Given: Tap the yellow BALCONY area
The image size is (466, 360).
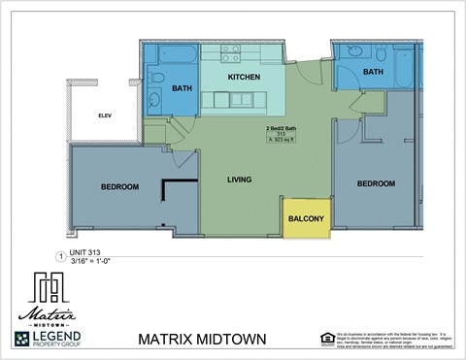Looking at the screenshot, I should pos(306,219).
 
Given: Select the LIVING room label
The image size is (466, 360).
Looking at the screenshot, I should pos(239,180).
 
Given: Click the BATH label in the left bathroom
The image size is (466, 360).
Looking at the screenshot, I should pos(183,88).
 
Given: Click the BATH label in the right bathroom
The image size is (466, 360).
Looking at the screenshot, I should pos(374,72).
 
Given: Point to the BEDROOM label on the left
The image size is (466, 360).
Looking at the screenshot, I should pos(119,186).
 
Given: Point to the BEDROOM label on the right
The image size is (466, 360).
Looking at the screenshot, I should pos(375,183).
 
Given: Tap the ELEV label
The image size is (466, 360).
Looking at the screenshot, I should pos(105,115).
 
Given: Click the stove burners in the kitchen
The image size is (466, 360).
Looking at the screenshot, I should pos(230,52).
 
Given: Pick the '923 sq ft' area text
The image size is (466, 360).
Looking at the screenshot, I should pos(281,142).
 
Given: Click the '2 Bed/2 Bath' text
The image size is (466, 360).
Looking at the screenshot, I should pos(281,128).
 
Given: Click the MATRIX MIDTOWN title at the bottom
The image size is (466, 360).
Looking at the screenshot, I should pos(203,340).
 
